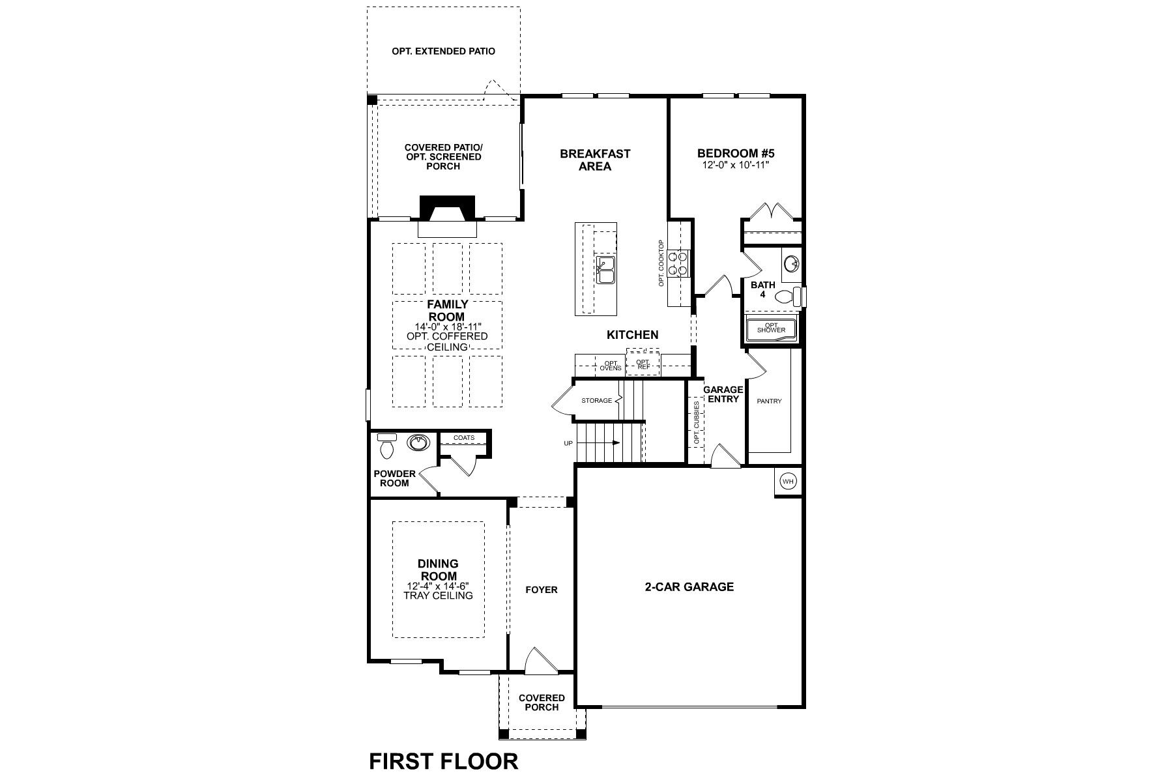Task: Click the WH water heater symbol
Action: (x=789, y=482)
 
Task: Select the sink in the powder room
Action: (x=418, y=443)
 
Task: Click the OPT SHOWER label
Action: (x=772, y=328)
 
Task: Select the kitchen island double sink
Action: (x=605, y=270)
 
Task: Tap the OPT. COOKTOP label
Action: (x=661, y=263)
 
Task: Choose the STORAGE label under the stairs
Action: (x=596, y=400)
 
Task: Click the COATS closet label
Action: (x=464, y=438)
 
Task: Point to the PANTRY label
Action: (x=769, y=401)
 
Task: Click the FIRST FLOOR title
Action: (x=444, y=760)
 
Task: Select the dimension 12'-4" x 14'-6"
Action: (x=438, y=586)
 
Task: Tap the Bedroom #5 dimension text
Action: (x=736, y=166)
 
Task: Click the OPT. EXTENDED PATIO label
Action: (x=443, y=51)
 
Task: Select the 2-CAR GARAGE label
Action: (x=689, y=586)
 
